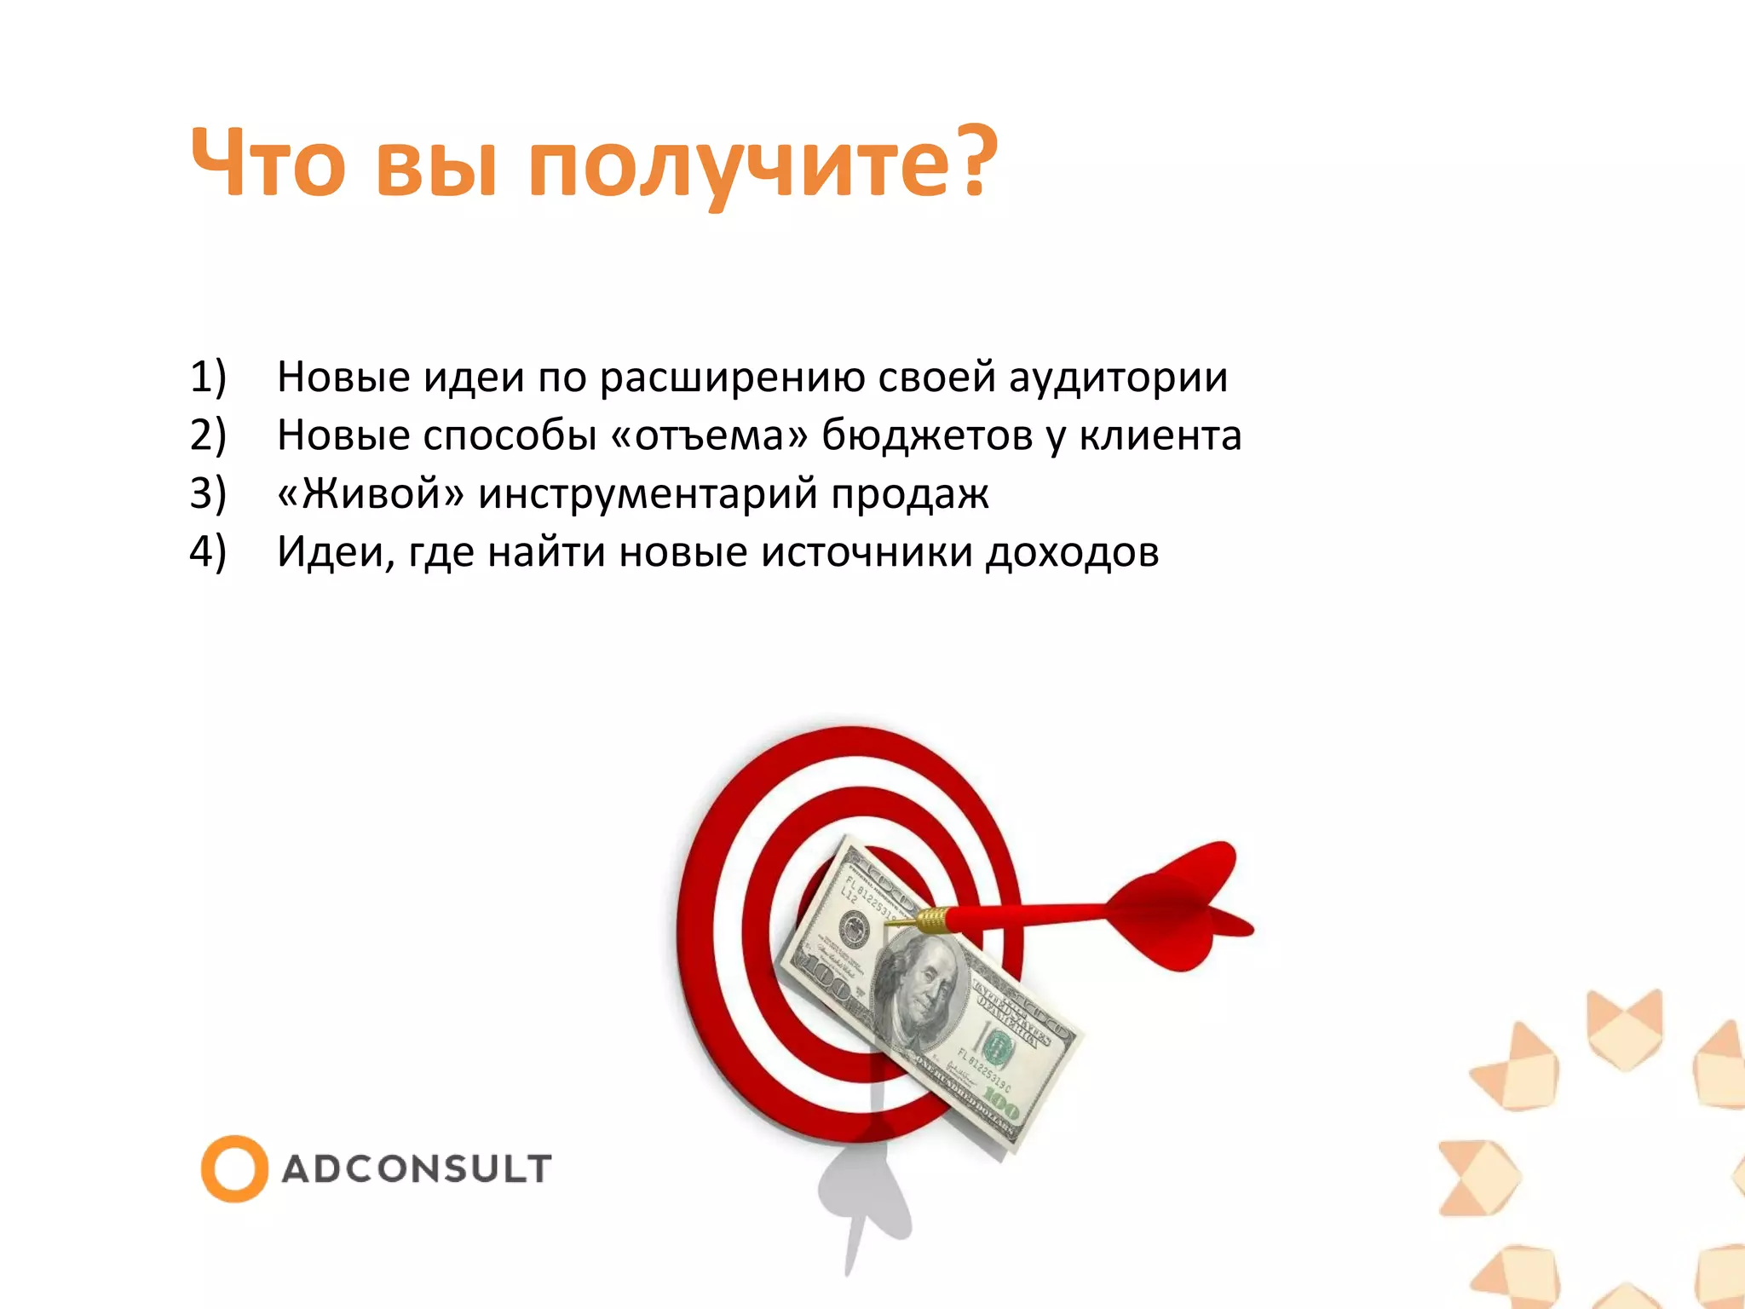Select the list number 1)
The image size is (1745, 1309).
208,377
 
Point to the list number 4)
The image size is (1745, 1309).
208,551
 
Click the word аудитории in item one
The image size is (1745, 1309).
1118,377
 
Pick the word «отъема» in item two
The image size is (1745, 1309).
709,435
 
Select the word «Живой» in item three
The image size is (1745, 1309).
371,493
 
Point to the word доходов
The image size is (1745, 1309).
1073,552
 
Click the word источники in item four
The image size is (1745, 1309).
867,552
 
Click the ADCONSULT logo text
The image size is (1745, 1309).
417,1169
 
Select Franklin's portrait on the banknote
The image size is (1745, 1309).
921,989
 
